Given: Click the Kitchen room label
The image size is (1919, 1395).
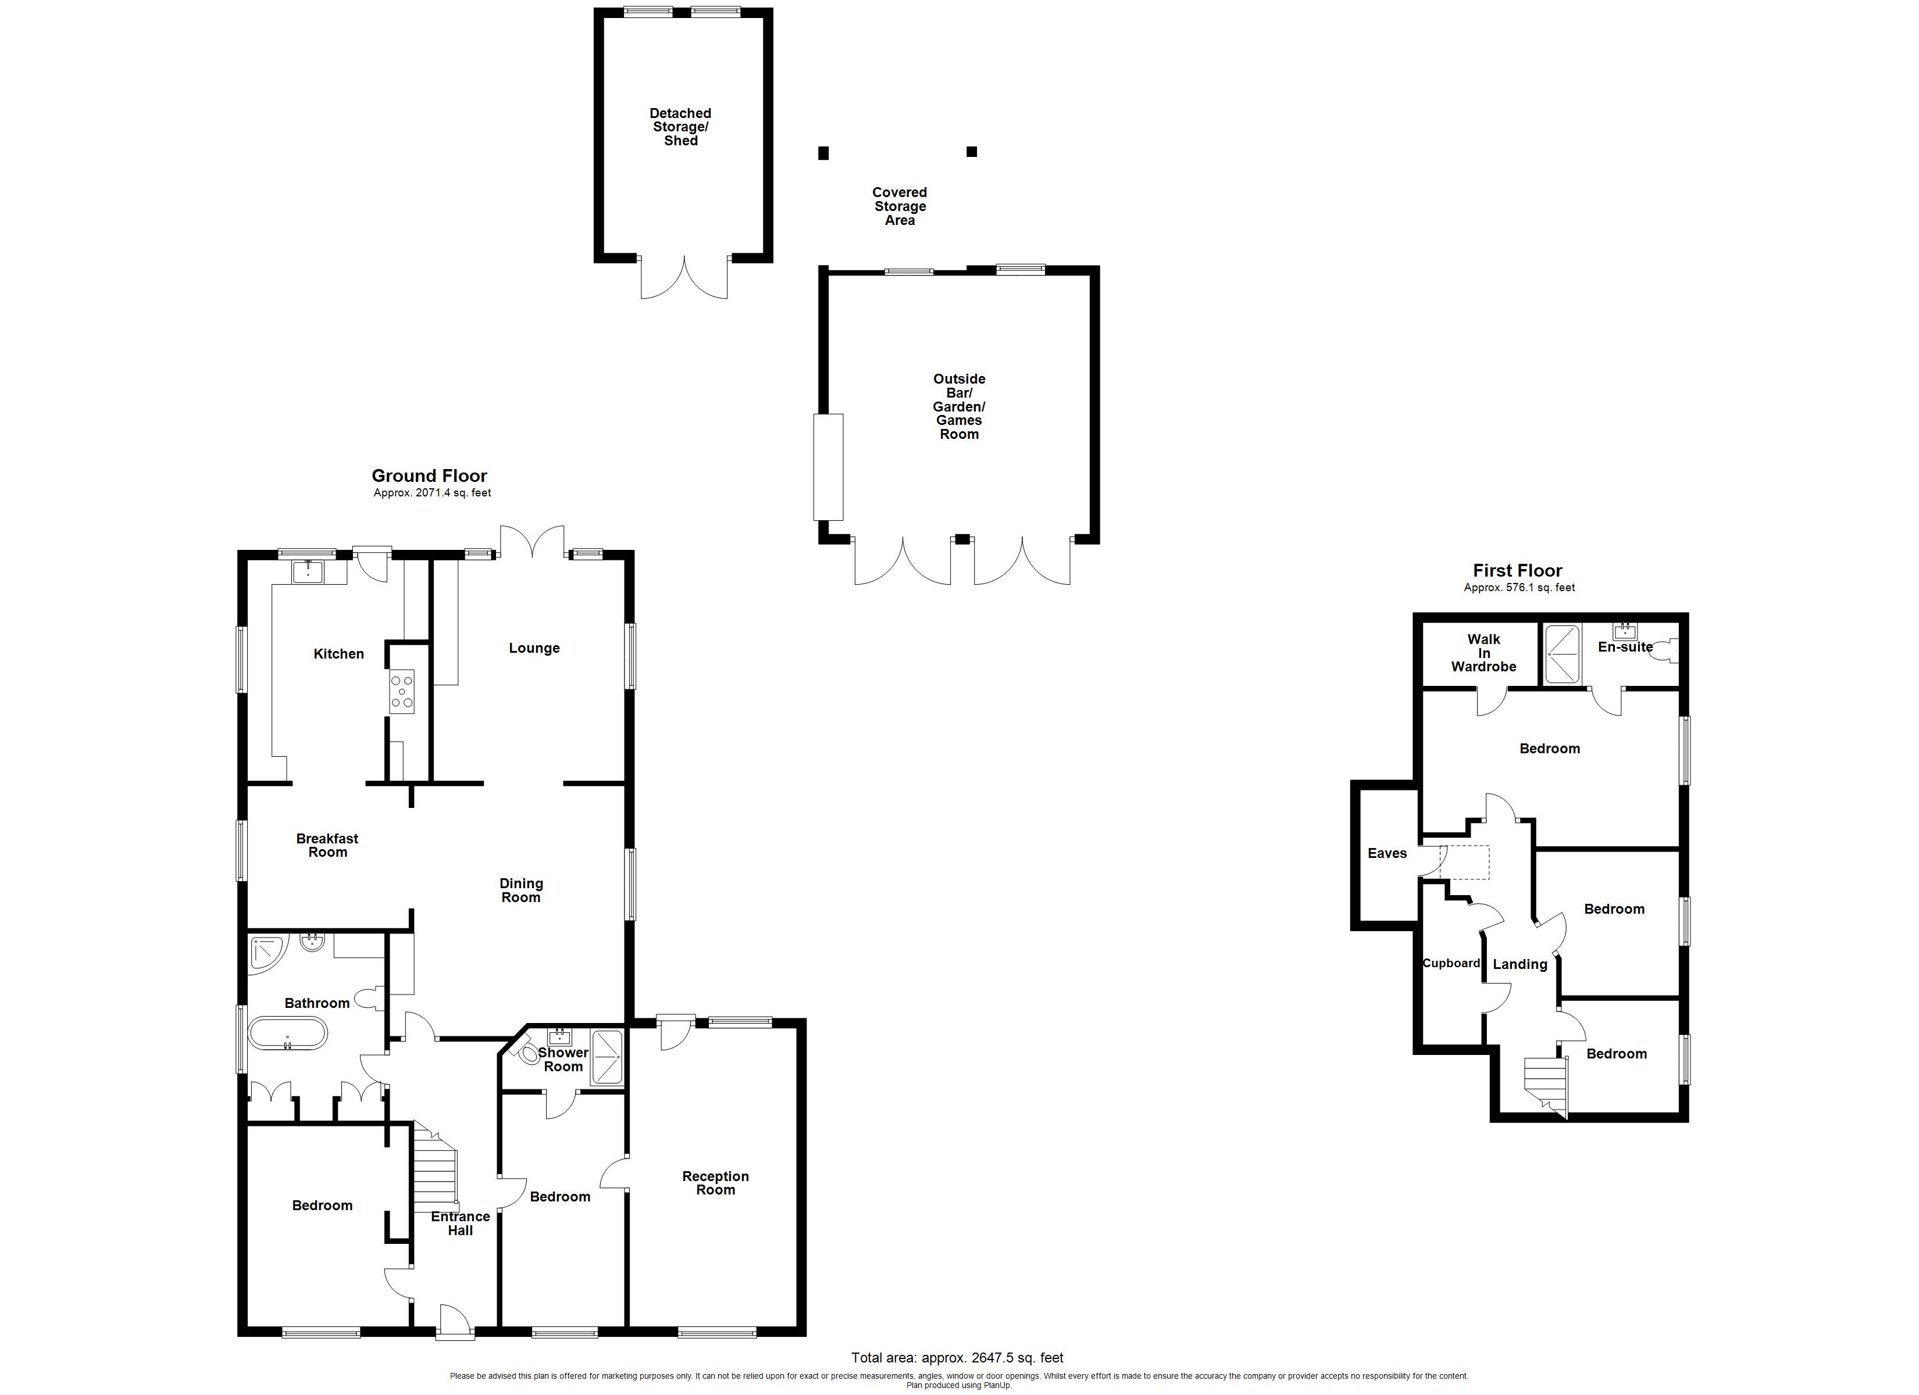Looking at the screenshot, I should coord(338,654).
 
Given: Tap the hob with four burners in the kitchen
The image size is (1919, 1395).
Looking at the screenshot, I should coord(401,691).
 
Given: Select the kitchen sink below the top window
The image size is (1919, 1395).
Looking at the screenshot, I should coord(308,572).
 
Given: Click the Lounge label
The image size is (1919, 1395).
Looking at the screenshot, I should coord(534,648).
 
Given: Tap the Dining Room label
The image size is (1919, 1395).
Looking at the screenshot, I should coord(521,890).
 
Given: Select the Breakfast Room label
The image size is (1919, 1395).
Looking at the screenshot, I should coord(327,845).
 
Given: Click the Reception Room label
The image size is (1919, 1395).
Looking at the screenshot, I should coord(715,1183).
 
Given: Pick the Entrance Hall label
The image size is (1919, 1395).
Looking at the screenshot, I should coord(461,1224).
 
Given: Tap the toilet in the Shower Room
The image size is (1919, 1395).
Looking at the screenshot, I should coord(528,1053).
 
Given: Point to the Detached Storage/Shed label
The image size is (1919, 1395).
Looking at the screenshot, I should coord(680,127).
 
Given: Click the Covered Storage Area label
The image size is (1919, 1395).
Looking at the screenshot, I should coord(900,206).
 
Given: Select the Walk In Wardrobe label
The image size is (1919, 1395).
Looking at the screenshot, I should coord(1483,653).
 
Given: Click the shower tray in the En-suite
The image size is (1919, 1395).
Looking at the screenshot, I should coord(1562,654).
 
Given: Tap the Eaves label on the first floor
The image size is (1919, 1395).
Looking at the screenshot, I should coord(1387,853).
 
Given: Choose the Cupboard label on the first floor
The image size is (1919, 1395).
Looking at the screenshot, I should coord(1451,963).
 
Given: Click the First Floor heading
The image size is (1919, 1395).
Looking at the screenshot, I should coord(1517,570).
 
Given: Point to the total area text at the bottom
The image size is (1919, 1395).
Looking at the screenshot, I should coord(957,1358).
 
